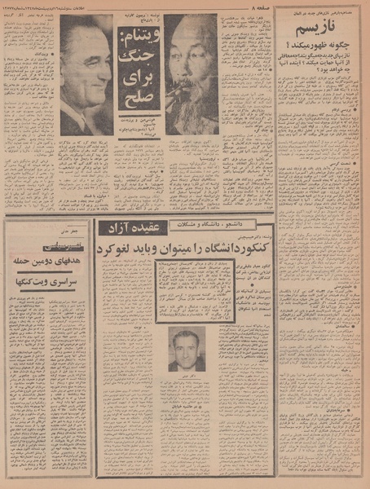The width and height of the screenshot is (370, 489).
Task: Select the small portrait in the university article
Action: [187, 348]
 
